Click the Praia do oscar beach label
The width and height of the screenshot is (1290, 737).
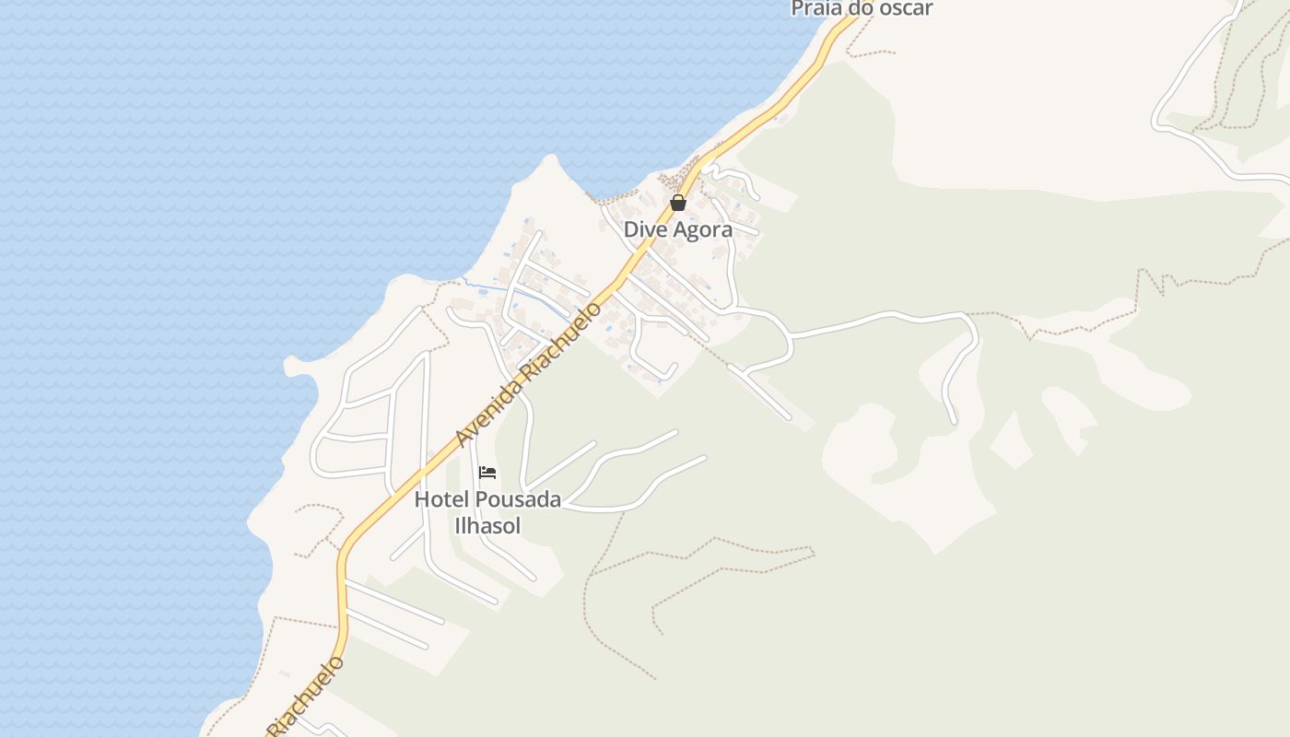[862, 8]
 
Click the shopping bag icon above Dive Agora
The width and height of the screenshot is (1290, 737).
[678, 203]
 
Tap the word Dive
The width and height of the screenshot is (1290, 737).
[643, 229]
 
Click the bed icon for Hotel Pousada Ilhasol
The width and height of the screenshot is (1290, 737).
[487, 474]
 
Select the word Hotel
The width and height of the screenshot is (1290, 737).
[441, 500]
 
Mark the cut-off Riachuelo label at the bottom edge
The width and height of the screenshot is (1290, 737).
[306, 696]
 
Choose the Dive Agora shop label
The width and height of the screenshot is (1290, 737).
[678, 229]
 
